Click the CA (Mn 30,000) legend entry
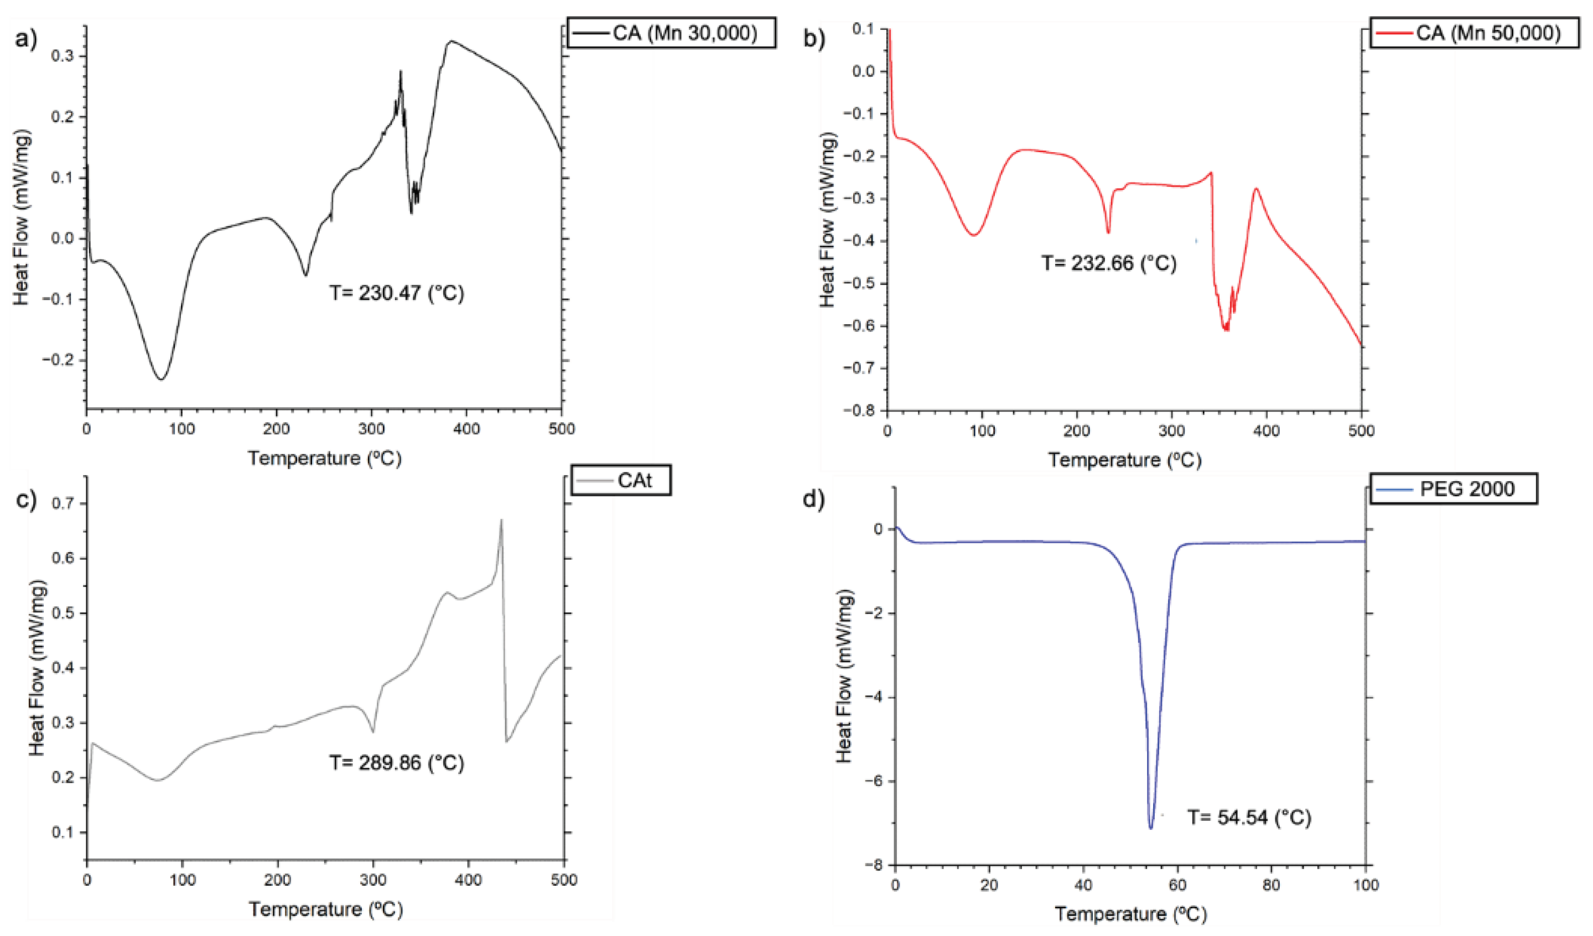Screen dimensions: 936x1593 coord(671,32)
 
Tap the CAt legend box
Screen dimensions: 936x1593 coord(621,480)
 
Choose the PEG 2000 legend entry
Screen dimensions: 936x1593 coord(1454,488)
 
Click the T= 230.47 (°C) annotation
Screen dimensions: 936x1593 coord(396,293)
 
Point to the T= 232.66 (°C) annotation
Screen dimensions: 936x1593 coord(1109,262)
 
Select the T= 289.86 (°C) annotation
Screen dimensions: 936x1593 coord(396,763)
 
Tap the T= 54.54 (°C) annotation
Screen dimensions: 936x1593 coord(1249,817)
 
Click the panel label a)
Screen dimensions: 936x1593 coord(26,39)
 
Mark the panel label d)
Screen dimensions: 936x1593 coord(813,500)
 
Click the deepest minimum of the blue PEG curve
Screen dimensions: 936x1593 coord(1150,828)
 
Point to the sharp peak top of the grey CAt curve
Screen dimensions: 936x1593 coord(501,520)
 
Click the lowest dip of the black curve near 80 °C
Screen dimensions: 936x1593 coord(162,379)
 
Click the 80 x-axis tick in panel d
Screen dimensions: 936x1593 coord(1271,885)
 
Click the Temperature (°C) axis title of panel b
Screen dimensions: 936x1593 coord(1124,460)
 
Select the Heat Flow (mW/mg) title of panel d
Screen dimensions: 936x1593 coord(845,676)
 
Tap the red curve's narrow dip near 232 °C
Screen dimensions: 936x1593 coord(1108,232)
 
